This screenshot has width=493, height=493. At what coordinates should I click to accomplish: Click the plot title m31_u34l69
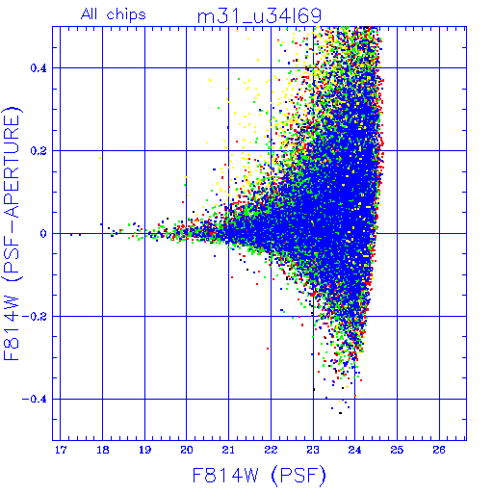pyautogui.click(x=259, y=15)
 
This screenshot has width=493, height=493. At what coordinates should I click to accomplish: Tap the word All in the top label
pyautogui.click(x=90, y=14)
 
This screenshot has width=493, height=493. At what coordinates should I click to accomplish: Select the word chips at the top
pyautogui.click(x=126, y=15)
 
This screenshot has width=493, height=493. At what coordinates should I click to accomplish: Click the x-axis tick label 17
pyautogui.click(x=61, y=450)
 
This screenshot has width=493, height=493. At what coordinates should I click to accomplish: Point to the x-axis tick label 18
pyautogui.click(x=103, y=450)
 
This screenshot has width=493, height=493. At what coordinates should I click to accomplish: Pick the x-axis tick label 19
pyautogui.click(x=144, y=450)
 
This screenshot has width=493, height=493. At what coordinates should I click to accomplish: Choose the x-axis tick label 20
pyautogui.click(x=187, y=450)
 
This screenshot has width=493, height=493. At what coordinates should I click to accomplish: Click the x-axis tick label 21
pyautogui.click(x=229, y=450)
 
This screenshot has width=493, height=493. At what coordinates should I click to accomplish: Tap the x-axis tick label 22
pyautogui.click(x=271, y=450)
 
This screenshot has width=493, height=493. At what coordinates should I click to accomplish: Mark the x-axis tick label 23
pyautogui.click(x=313, y=450)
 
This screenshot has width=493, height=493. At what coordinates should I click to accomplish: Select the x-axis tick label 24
pyautogui.click(x=355, y=450)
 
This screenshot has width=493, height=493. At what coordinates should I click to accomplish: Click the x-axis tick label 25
pyautogui.click(x=397, y=450)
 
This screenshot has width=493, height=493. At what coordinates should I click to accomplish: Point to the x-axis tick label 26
pyautogui.click(x=439, y=450)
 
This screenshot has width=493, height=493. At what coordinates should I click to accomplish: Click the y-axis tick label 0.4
pyautogui.click(x=39, y=68)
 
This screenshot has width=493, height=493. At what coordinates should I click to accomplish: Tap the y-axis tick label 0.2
pyautogui.click(x=39, y=151)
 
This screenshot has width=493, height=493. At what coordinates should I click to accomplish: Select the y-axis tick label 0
pyautogui.click(x=43, y=234)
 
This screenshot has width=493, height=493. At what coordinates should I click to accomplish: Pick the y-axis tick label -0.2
pyautogui.click(x=35, y=317)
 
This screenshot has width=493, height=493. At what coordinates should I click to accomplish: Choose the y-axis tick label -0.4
pyautogui.click(x=35, y=400)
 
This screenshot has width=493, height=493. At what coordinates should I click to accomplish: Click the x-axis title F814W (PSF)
pyautogui.click(x=259, y=476)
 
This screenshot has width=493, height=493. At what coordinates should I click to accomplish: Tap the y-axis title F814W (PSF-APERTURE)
pyautogui.click(x=13, y=234)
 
